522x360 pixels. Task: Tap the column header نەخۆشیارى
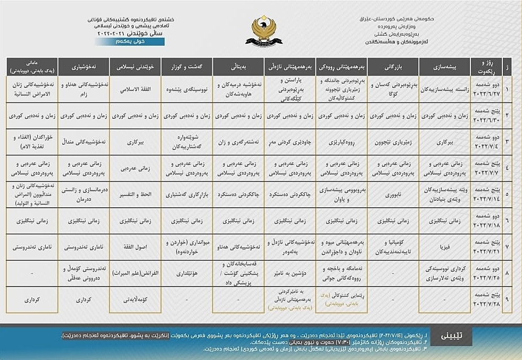84,68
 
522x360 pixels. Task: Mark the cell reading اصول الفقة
135,247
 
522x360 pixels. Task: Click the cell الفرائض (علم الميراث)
135,274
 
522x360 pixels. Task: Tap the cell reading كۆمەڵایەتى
135,300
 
